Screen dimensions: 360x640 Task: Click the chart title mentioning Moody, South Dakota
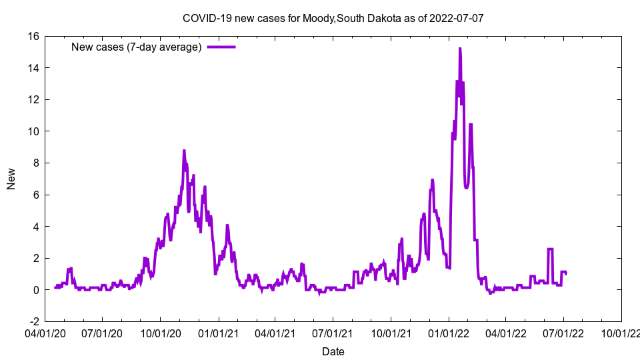[333, 18]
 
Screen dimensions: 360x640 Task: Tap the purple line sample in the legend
[221, 47]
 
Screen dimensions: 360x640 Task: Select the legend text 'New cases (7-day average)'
[137, 47]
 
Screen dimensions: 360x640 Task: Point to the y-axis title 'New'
[11, 179]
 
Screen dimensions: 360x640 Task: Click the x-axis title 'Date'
[333, 351]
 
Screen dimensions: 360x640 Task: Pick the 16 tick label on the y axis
[33, 36]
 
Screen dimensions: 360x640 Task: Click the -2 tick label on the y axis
[33, 321]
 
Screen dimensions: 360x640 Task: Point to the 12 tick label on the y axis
[33, 99]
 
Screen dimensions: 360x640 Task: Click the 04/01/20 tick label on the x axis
[45, 332]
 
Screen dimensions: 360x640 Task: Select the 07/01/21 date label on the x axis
[333, 332]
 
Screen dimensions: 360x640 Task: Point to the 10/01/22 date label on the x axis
[621, 332]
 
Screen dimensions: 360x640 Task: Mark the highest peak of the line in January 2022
[460, 49]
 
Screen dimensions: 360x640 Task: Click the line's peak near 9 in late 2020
[184, 151]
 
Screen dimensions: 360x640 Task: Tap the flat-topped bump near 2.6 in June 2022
[551, 249]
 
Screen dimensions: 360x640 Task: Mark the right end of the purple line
[566, 274]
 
